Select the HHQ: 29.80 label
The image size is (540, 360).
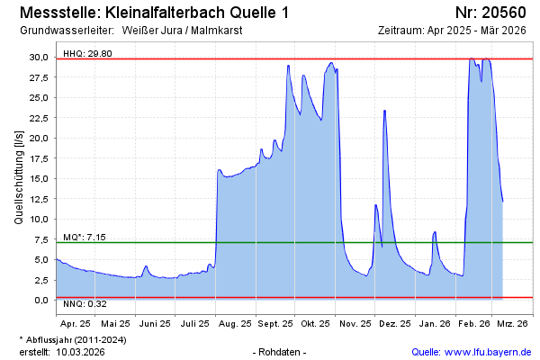87,53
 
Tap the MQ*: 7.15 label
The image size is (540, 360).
85,237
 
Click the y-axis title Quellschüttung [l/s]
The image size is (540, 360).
20,176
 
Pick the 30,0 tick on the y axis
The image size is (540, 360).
39,57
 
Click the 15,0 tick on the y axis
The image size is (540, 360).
39,178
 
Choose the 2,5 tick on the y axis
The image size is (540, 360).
40,280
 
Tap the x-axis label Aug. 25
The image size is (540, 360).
235,321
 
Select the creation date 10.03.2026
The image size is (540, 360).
80,351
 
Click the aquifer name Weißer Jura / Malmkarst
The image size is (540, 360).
182,30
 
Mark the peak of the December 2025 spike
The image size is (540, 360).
384,111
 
